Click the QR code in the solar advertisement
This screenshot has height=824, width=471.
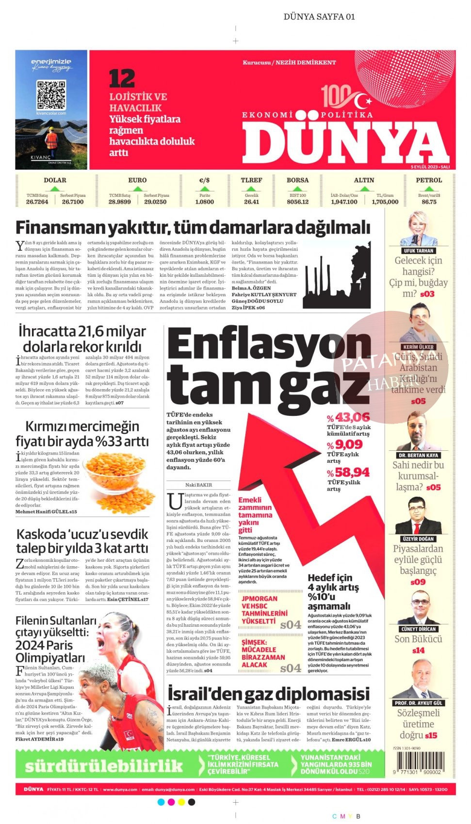click(x=51, y=95)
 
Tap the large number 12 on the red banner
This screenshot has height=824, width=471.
click(x=122, y=79)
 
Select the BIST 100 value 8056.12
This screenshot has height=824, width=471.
click(x=297, y=202)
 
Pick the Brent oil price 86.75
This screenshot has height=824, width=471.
click(x=429, y=202)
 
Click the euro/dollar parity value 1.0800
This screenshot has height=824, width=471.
click(x=204, y=202)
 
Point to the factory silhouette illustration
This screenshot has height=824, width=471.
click(x=336, y=282)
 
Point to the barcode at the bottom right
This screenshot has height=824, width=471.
click(x=419, y=762)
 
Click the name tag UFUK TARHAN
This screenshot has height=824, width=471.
click(x=418, y=251)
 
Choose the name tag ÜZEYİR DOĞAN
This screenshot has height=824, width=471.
click(x=418, y=539)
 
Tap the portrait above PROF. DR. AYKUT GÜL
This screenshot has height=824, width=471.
click(x=418, y=679)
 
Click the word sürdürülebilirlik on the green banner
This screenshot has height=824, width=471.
click(x=104, y=766)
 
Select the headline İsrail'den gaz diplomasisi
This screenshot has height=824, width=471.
click(x=268, y=694)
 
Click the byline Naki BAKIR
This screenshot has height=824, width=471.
click(x=198, y=485)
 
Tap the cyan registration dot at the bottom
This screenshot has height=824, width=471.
click(x=161, y=802)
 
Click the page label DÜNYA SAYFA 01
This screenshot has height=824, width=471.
click(x=319, y=16)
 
